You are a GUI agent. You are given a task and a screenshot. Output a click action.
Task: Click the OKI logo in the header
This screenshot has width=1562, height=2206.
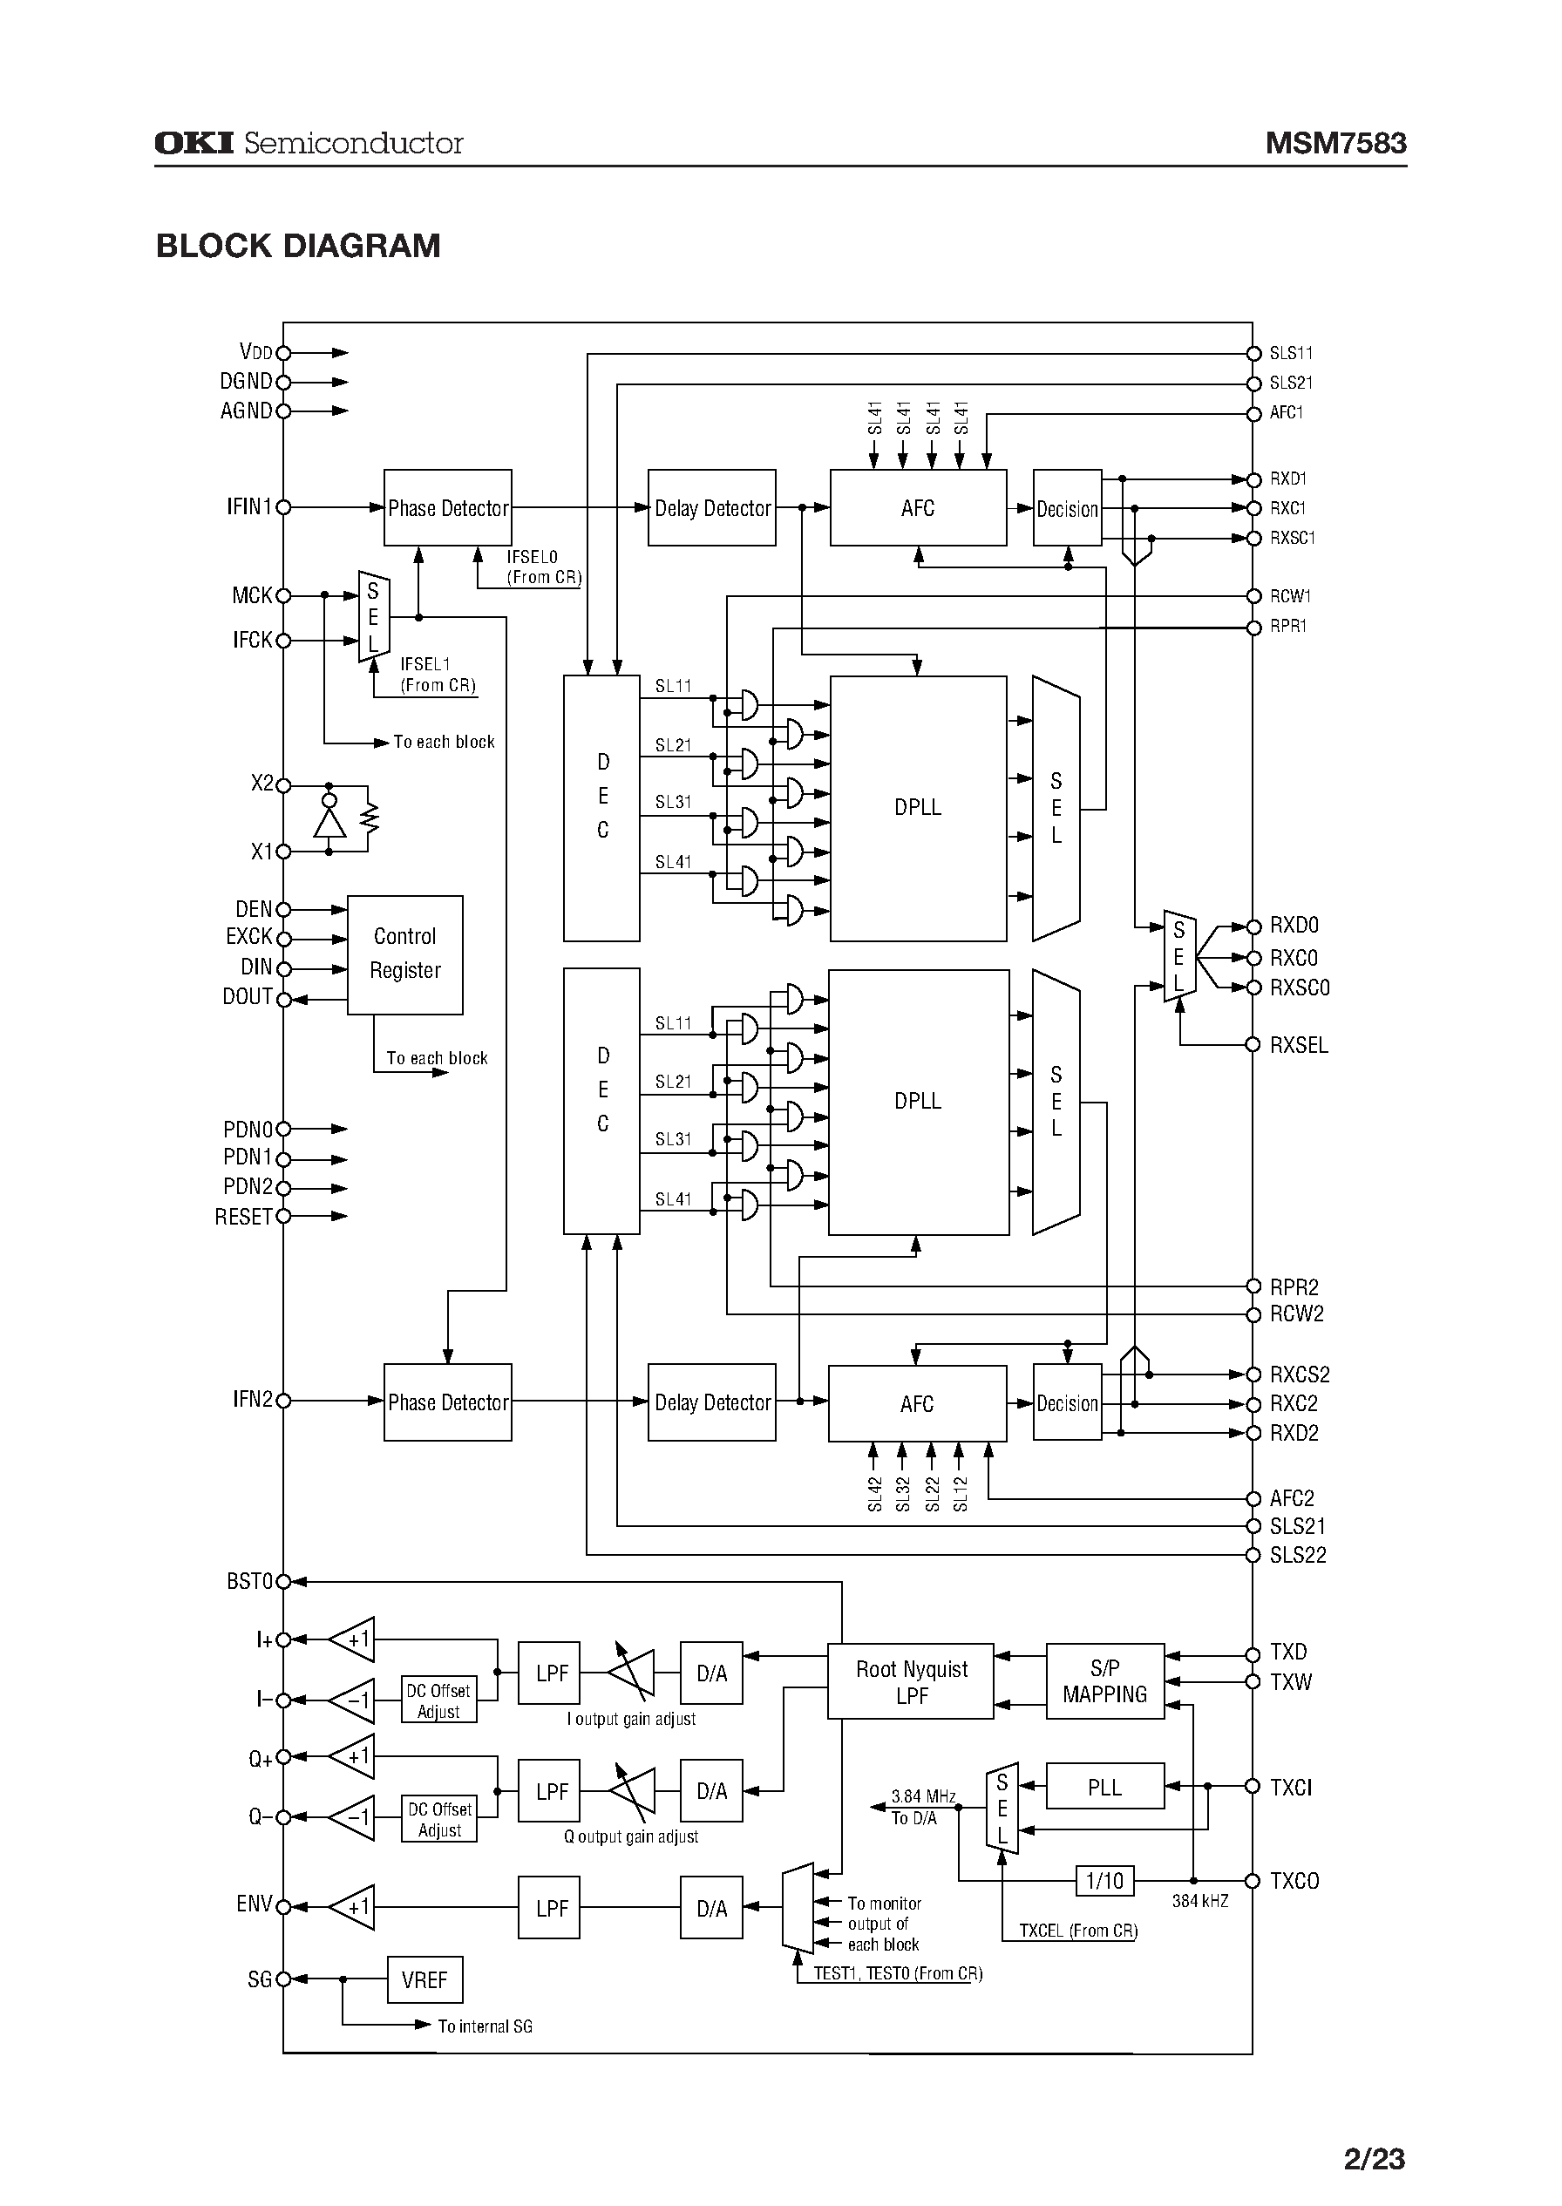(x=194, y=143)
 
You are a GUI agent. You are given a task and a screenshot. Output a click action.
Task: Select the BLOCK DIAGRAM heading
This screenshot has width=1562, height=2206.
(x=298, y=246)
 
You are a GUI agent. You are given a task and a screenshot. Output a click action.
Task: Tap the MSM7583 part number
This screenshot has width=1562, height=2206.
(x=1335, y=143)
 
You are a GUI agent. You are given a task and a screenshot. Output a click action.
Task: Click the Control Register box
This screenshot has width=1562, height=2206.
(x=405, y=954)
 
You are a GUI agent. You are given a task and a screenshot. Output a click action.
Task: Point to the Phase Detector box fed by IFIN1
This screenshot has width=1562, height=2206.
(x=447, y=508)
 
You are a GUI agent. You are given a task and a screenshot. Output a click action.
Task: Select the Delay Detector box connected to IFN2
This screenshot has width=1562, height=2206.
(x=712, y=1402)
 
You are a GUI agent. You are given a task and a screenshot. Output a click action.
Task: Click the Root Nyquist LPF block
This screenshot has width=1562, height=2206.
(x=911, y=1682)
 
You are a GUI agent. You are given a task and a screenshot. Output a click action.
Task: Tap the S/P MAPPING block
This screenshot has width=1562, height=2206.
(x=1104, y=1681)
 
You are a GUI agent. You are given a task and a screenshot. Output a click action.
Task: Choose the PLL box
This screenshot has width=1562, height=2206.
(x=1104, y=1787)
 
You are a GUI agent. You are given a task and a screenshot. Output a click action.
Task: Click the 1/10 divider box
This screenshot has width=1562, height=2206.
(x=1104, y=1880)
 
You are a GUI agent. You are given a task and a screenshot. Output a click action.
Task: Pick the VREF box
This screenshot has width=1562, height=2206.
(x=424, y=1979)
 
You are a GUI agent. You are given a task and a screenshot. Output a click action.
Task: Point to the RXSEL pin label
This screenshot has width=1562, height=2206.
(x=1299, y=1045)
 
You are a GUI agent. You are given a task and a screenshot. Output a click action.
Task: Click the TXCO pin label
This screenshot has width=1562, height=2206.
(x=1294, y=1880)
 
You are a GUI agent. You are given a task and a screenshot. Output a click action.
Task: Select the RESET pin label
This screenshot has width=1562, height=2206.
(x=243, y=1217)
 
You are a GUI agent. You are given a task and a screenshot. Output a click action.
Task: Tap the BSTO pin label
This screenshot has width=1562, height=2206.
(x=250, y=1581)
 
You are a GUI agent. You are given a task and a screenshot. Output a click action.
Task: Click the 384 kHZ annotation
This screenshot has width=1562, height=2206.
(x=1199, y=1901)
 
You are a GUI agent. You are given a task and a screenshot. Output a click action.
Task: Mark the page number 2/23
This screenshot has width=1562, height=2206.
(x=1374, y=2159)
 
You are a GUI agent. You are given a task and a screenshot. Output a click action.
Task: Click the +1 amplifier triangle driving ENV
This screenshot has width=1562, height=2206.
(x=354, y=1907)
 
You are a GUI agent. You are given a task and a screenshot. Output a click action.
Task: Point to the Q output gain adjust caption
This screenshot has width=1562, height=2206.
(x=631, y=1836)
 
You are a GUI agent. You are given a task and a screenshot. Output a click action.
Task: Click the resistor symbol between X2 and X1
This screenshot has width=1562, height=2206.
(x=369, y=818)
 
